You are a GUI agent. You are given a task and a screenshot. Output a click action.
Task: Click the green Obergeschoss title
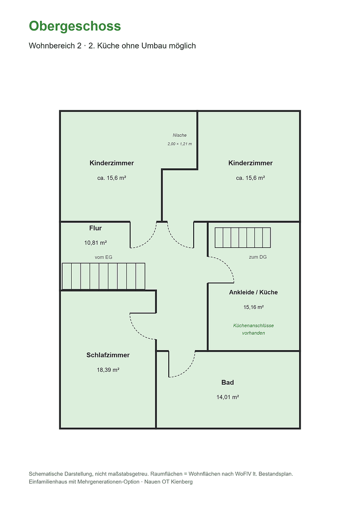coord(75,26)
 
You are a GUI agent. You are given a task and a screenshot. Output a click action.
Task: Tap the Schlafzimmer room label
coord(108,355)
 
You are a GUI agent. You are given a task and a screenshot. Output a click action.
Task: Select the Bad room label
coord(228,382)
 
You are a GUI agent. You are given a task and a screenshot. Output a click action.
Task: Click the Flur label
coord(96,228)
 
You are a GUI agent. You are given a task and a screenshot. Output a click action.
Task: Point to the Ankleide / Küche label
coord(254,292)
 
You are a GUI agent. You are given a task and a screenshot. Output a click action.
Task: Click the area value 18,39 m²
coord(108,370)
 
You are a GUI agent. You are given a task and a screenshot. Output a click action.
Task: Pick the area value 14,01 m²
coord(228,397)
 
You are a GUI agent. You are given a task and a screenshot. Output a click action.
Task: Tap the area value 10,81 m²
coord(96,243)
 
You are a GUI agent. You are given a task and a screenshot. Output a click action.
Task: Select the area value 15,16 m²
coord(254,307)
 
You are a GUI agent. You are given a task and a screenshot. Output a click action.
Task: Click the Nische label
coord(180,135)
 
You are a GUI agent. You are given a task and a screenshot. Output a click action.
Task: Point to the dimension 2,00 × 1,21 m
coord(180,144)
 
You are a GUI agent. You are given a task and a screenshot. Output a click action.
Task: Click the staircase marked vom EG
coord(104,276)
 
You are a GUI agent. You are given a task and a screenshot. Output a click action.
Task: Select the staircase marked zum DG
coord(243,238)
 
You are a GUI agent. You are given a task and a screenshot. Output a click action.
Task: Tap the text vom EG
coord(104,257)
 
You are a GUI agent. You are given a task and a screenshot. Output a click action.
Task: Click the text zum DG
coord(258,257)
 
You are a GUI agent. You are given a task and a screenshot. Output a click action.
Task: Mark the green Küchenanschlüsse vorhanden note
coord(254,329)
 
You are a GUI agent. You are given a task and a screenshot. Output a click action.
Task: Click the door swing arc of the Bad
coord(188,370)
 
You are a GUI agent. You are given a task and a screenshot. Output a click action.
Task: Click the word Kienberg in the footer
coord(182,482)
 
